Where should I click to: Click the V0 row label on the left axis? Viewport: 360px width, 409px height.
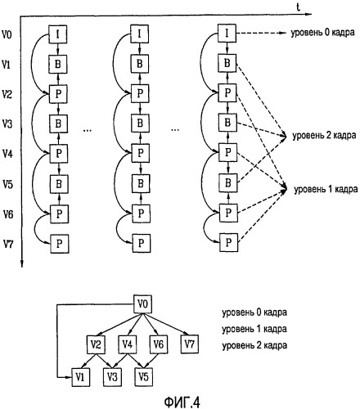tap(7, 35)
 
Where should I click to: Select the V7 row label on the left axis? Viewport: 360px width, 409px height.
tap(8, 244)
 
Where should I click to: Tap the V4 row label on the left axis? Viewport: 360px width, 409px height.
tap(7, 154)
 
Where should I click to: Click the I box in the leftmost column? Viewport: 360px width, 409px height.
tap(58, 34)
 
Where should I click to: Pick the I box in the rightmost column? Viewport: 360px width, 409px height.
tap(227, 34)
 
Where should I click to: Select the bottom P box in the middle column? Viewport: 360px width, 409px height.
tap(141, 243)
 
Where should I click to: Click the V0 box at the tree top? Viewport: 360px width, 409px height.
tap(143, 303)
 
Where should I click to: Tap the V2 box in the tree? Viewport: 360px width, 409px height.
tap(96, 344)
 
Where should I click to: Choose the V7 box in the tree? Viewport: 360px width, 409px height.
tap(189, 344)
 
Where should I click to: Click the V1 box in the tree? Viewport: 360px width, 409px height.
tap(81, 377)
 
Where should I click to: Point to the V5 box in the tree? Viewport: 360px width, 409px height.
tap(143, 377)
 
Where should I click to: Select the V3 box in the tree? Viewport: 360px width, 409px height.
tap(112, 377)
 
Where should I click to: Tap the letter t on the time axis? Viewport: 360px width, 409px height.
tap(299, 7)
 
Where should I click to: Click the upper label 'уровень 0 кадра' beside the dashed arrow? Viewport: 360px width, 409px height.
tap(322, 33)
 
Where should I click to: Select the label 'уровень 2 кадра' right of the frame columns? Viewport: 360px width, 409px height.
tap(324, 135)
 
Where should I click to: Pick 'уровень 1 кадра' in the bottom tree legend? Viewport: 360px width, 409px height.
tap(254, 329)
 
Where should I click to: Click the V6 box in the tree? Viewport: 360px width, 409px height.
tap(159, 344)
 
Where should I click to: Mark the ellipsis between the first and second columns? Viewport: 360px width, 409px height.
tap(88, 130)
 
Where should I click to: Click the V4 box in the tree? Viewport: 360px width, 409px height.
tap(128, 344)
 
